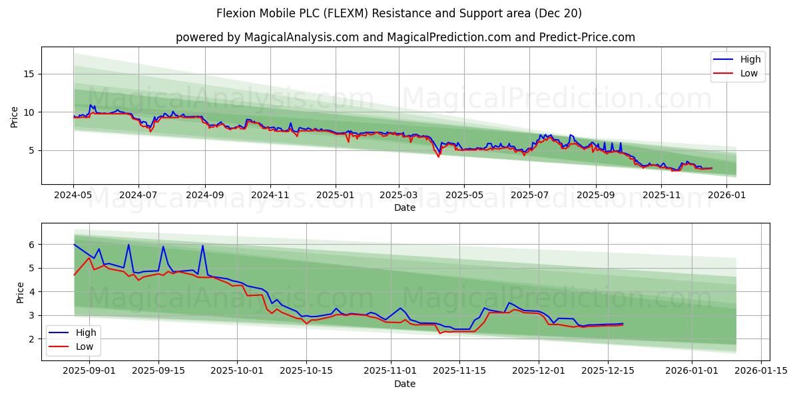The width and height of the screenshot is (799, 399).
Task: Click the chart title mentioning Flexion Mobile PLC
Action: (399, 13)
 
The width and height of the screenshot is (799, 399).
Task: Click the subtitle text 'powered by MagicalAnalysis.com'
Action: (405, 37)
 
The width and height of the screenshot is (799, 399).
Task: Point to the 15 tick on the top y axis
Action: (28, 74)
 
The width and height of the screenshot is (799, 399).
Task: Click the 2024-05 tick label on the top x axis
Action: (73, 196)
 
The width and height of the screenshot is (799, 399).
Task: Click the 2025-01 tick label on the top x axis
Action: (335, 196)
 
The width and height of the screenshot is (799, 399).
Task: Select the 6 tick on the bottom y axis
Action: (31, 245)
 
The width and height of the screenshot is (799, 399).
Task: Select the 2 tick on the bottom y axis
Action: (31, 339)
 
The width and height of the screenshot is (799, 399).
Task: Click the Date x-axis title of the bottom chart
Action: (405, 384)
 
